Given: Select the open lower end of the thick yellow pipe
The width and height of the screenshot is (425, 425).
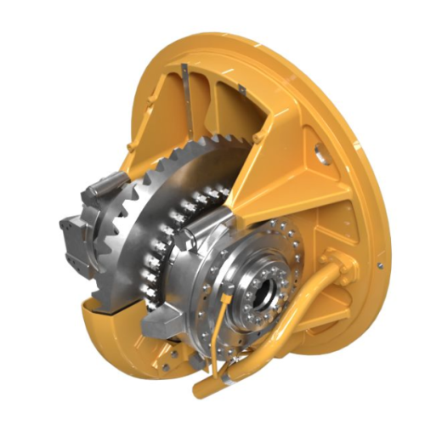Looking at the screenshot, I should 201,392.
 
